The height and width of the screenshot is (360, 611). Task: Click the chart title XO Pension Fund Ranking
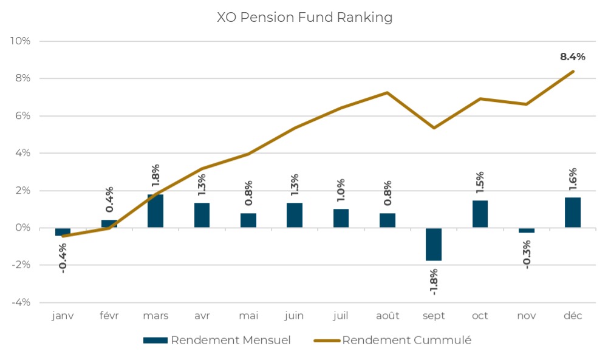[305, 18]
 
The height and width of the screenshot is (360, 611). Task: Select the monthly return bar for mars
[155, 211]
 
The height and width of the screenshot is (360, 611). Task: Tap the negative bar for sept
[434, 244]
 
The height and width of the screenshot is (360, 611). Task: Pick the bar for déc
[573, 212]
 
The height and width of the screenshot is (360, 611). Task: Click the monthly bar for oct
[480, 214]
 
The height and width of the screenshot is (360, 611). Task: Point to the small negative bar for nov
[527, 230]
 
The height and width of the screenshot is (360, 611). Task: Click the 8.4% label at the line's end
[573, 57]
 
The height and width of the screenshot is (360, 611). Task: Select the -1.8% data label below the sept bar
[434, 280]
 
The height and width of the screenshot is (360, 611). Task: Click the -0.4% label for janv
[63, 258]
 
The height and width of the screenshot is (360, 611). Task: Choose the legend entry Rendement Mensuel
[217, 340]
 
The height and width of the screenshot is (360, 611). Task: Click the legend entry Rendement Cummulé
[393, 340]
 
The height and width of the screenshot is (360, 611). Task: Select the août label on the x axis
[387, 316]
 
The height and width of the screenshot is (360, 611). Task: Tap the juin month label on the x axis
[295, 316]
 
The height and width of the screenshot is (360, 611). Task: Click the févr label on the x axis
[109, 316]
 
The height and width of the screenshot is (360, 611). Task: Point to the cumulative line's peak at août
[387, 93]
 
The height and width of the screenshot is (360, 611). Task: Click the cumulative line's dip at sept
[434, 127]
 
